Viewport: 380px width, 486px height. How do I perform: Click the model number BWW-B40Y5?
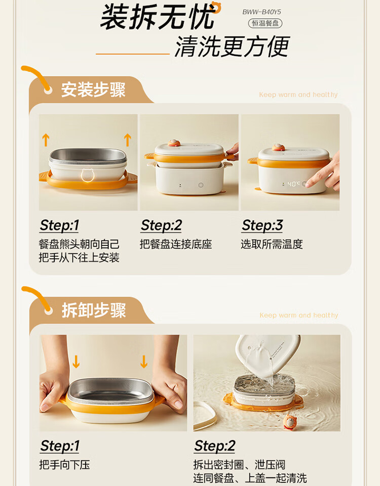[261, 12]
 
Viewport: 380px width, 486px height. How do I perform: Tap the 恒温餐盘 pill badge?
[265, 23]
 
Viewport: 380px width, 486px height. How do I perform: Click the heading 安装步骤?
[93, 90]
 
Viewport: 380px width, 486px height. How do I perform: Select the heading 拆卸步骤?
[94, 310]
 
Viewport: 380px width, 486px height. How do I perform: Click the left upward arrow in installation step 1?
[46, 140]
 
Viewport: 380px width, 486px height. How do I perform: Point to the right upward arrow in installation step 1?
[128, 140]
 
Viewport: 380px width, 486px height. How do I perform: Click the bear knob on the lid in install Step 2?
[174, 143]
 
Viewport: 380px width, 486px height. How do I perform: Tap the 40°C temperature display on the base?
[292, 184]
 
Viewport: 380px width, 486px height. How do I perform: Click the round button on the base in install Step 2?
[201, 185]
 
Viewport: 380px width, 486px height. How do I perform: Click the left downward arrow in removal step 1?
[76, 361]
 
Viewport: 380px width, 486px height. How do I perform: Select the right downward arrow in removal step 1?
[143, 361]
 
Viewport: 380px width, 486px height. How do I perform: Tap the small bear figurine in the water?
[290, 422]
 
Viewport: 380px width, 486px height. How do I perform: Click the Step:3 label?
[262, 225]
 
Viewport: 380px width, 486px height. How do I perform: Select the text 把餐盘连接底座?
[176, 244]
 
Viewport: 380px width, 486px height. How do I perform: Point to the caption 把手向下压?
[64, 465]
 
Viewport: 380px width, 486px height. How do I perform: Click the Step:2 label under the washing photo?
[215, 446]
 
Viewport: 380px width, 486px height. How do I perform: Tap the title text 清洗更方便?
[232, 47]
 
